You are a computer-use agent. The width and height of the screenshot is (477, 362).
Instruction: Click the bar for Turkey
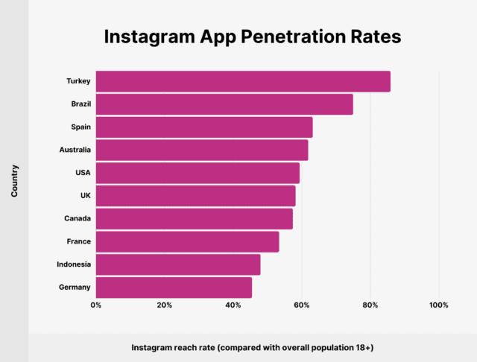pyautogui.click(x=243, y=82)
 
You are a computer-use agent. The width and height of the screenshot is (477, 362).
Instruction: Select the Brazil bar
pyautogui.click(x=224, y=104)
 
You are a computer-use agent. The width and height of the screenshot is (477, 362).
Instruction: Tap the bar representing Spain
pyautogui.click(x=204, y=127)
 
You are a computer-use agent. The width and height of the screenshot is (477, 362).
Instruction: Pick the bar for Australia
pyautogui.click(x=202, y=150)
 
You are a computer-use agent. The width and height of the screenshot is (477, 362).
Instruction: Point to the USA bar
pyautogui.click(x=198, y=173)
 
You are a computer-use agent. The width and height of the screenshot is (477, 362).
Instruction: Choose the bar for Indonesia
pyautogui.click(x=178, y=264)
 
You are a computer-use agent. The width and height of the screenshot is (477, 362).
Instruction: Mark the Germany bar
pyautogui.click(x=174, y=288)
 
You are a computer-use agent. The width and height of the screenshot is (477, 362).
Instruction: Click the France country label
pyautogui.click(x=78, y=241)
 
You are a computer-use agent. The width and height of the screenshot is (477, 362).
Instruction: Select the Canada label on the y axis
pyautogui.click(x=78, y=219)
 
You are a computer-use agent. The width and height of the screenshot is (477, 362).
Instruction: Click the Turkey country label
pyautogui.click(x=78, y=81)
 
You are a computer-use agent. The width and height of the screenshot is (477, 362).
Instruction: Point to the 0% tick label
pyautogui.click(x=95, y=305)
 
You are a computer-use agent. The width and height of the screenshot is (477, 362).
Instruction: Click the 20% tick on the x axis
pyautogui.click(x=165, y=305)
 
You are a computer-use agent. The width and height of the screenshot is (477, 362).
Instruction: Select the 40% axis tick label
pyautogui.click(x=233, y=305)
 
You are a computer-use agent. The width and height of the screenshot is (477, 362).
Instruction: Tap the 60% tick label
pyautogui.click(x=302, y=305)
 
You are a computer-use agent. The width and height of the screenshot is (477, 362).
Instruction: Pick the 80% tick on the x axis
pyautogui.click(x=370, y=305)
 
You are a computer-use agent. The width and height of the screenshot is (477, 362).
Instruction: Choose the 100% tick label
pyautogui.click(x=438, y=305)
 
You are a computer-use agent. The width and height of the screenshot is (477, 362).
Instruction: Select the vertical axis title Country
pyautogui.click(x=14, y=181)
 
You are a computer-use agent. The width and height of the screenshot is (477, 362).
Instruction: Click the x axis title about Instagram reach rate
pyautogui.click(x=253, y=348)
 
